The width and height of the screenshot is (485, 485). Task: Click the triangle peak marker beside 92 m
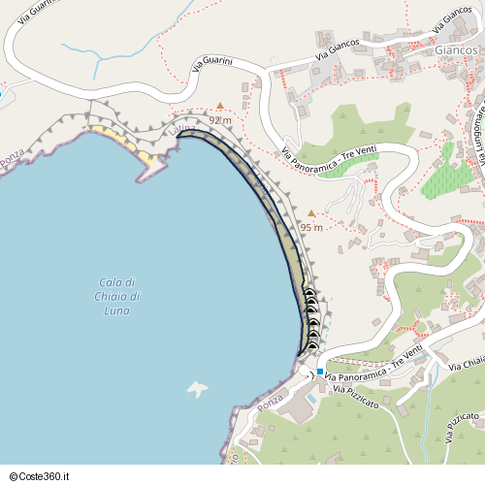(x=220, y=105)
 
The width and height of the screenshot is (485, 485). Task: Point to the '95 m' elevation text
(x=311, y=227)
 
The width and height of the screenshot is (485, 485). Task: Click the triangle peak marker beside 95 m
(x=310, y=213)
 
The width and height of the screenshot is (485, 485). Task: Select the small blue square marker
(x=320, y=371)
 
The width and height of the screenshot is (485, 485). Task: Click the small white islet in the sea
(x=198, y=389)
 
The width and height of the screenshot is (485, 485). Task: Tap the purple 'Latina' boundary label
(x=181, y=129)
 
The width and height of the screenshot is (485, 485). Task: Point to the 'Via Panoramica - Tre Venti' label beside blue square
(x=373, y=368)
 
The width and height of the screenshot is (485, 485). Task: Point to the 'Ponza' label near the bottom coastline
(x=271, y=400)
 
